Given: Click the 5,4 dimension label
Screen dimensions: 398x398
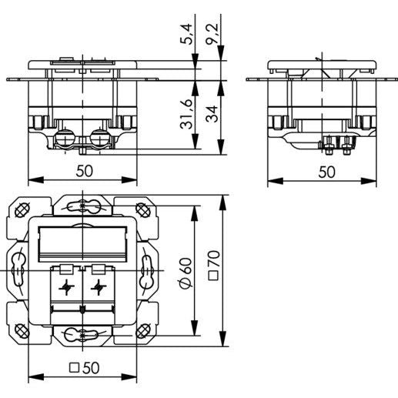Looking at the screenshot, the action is tap(186, 34).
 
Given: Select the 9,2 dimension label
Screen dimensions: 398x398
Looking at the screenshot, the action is tap(212, 34).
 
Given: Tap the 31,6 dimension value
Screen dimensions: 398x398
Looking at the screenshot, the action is tap(186, 114).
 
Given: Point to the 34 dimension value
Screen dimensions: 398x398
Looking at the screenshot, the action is tap(212, 114).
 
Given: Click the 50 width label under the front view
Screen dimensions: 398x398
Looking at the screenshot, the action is tap(84, 171).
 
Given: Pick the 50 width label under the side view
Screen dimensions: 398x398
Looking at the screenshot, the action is tap(326, 172).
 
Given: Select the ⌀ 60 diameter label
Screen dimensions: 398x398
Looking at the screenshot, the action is tap(186, 273).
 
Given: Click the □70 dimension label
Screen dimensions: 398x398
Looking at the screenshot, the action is tap(213, 265).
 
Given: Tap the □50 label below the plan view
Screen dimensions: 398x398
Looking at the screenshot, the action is tap(85, 368).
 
